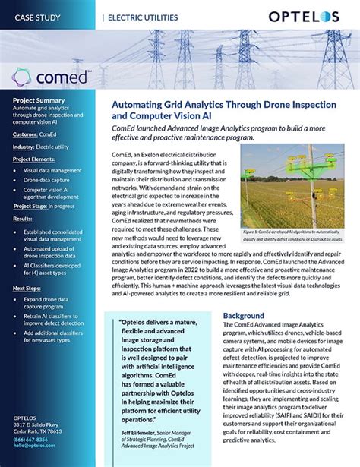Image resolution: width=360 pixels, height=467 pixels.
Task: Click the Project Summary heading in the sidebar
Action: [x=43, y=100]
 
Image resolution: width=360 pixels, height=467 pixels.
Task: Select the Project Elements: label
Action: [x=41, y=159]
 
